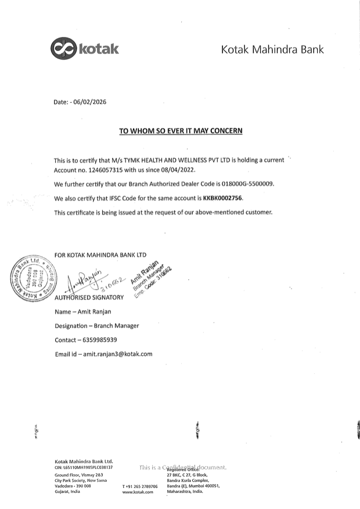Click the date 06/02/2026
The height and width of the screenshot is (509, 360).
tap(89, 102)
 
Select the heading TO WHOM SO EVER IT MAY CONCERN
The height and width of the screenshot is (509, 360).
tap(181, 131)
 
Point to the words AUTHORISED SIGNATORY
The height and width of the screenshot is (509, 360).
tap(89, 298)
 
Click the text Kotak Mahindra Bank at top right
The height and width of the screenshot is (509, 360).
tap(272, 50)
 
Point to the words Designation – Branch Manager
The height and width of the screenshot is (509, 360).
tap(96, 326)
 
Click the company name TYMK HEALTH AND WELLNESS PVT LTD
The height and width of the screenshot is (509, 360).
tap(203, 160)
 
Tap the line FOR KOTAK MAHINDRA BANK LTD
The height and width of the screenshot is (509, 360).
tap(100, 254)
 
